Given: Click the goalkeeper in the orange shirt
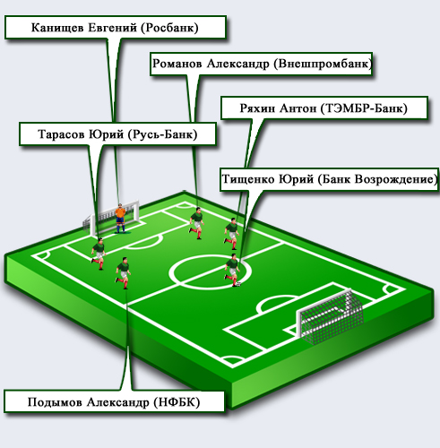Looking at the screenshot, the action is point(120,218).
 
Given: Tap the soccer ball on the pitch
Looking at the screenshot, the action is point(238,284).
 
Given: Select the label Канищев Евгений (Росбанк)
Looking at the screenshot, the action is point(115,28).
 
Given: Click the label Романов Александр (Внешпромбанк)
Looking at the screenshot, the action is point(262,64).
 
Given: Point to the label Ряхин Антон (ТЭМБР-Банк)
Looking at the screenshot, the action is point(324,108).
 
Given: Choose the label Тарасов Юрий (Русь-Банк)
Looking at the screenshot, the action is point(117,134).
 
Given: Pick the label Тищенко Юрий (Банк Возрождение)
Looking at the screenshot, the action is point(329,179).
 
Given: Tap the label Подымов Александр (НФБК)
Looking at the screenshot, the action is point(114,401).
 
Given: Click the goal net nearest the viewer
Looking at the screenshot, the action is point(331,316).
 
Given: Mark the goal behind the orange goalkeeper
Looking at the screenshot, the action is point(111,219).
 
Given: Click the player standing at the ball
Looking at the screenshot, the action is point(232,270).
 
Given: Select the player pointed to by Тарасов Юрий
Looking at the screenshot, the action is point(99,254).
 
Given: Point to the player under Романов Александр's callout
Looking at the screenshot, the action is point(196,223).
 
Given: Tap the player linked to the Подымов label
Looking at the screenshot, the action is point(123,273).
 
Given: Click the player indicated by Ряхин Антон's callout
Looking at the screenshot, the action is point(231,234).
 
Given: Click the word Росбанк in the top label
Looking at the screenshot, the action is point(168,28).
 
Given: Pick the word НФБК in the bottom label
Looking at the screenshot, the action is point(177,402).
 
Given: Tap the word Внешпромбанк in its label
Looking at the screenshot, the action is point(324,64).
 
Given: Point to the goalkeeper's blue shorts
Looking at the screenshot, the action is point(120,220).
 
